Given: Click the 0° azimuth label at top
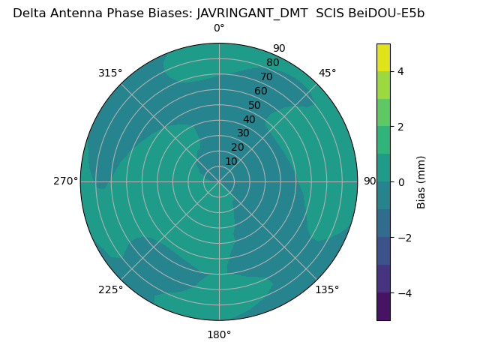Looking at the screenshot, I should pos(219,28).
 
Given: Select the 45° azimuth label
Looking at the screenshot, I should pos(327,73).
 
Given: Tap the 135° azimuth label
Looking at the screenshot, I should pos(327,289).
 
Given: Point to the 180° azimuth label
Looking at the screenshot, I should pos(219,334).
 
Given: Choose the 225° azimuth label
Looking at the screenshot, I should pos(110,289).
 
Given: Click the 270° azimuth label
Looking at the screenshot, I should pos(65,181).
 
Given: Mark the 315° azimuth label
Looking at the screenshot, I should pos(110,73).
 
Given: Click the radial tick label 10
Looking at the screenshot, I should pos(231,161).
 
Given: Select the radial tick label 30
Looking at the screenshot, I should pos(243,133).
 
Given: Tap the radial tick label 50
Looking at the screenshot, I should pos(254,106).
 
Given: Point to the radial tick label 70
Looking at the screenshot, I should pos(266,77).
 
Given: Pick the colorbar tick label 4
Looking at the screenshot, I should pos(400,71).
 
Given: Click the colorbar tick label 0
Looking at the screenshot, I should pos(400,182).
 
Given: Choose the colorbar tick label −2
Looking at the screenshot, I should pos(403,238).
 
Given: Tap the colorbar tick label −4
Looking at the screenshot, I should pos(403,293).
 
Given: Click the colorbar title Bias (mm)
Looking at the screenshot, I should pos(421,182).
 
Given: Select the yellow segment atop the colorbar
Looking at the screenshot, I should pos(383,57).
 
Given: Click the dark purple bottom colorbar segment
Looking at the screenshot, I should pos(383,307).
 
